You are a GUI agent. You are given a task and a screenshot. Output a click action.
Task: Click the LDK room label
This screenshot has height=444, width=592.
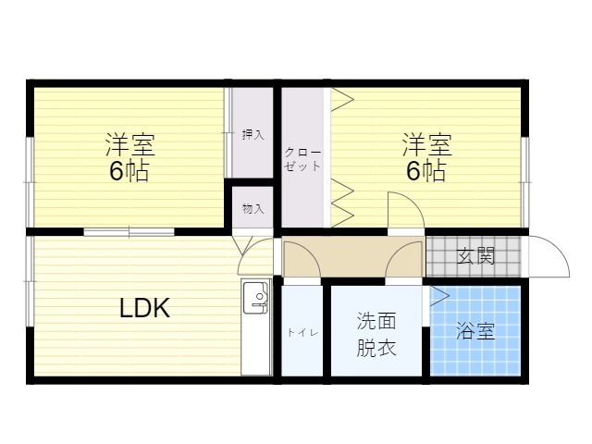[x=144, y=308]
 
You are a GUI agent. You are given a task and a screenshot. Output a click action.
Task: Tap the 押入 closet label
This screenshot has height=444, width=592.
[x=253, y=135]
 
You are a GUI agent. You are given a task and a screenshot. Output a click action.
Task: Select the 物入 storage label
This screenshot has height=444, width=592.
[x=253, y=208]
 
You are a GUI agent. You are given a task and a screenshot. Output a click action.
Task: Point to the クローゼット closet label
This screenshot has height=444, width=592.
[x=302, y=159]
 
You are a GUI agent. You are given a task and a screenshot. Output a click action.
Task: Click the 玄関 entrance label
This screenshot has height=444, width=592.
[x=475, y=257]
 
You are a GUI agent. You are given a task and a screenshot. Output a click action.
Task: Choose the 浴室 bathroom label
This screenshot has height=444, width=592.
[x=475, y=330]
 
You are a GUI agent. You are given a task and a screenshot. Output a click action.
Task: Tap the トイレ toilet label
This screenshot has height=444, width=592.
[x=302, y=333]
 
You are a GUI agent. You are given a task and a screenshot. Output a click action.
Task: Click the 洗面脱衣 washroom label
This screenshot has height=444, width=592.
[x=376, y=334]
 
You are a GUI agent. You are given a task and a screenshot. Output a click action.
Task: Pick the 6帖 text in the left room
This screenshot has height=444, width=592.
[x=129, y=171]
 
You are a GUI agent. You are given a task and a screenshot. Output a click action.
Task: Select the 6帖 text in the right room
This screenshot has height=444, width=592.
[x=425, y=171]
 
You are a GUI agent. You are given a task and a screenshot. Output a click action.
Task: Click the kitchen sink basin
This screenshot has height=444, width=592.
[x=255, y=298]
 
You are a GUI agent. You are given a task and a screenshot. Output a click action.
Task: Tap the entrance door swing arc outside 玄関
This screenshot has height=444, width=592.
[x=559, y=249]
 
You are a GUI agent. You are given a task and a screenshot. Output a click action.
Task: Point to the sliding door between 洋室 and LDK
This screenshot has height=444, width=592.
[x=129, y=231]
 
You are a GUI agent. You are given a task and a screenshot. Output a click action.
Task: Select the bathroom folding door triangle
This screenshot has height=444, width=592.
[x=439, y=296]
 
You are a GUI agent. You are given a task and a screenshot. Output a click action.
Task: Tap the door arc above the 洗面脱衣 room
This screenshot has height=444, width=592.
[x=395, y=251]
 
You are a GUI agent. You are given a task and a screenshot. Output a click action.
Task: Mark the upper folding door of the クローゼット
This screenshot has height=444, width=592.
[x=342, y=100]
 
